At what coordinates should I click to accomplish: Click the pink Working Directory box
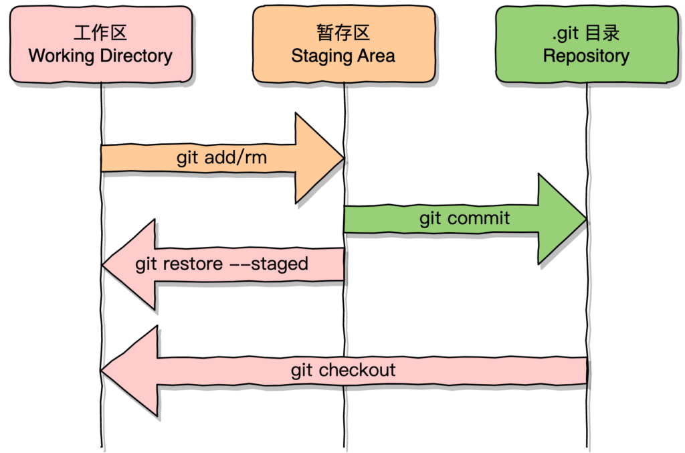[100, 44]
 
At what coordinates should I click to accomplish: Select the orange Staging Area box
[344, 44]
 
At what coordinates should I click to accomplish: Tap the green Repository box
[586, 44]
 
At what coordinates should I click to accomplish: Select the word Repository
[586, 56]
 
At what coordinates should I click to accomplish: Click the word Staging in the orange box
[318, 56]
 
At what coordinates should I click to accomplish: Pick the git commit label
[465, 218]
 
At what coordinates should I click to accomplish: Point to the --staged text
[269, 264]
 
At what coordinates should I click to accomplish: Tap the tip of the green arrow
[586, 219]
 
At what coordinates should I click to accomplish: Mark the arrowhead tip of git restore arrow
[103, 265]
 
